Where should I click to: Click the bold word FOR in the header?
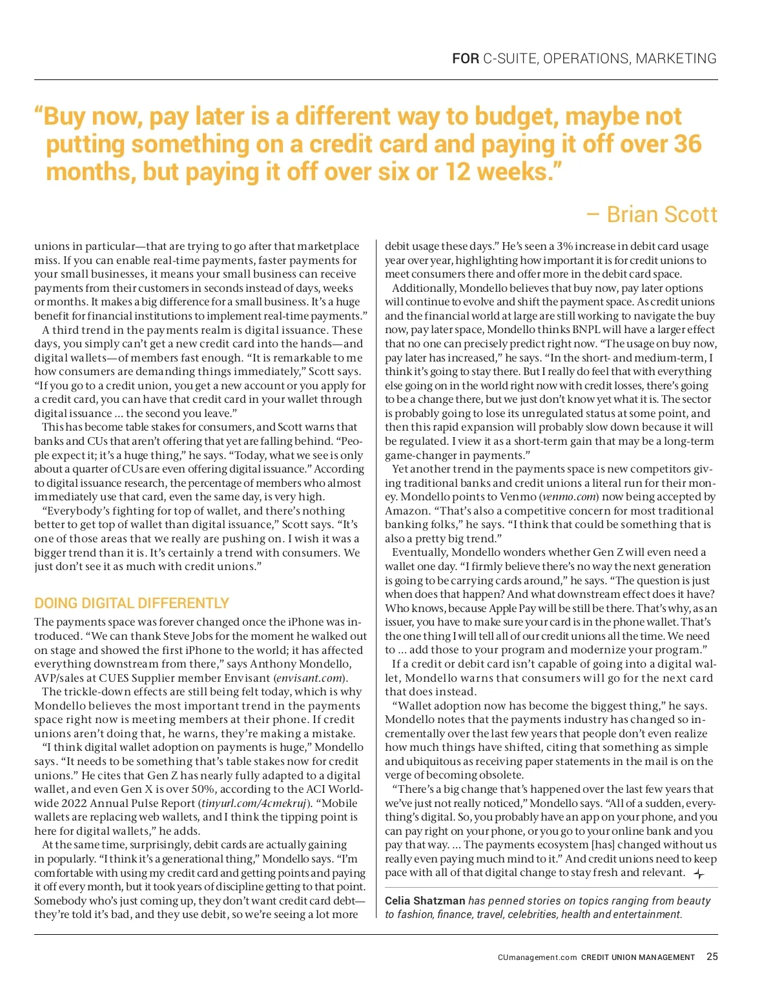point(465,59)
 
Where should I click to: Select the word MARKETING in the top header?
point(676,59)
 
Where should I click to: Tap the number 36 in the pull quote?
point(687,144)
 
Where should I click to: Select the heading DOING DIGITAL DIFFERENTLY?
point(132,603)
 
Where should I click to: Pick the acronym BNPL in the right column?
point(587,329)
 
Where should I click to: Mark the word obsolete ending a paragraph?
point(499,775)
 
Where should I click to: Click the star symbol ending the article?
point(699,874)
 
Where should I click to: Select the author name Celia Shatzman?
point(425,901)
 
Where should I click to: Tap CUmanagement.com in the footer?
point(537,957)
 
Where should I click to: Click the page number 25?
point(712,957)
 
